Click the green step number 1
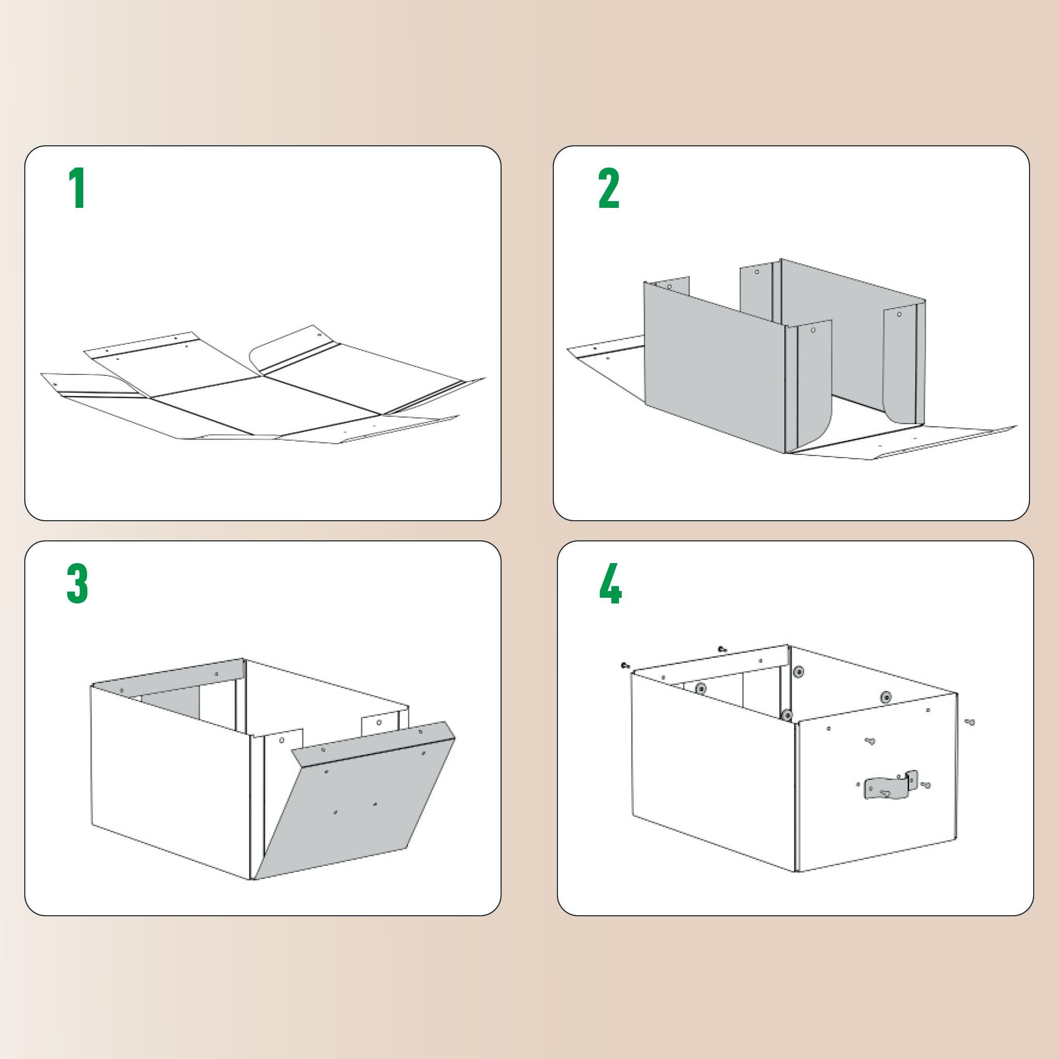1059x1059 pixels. coord(77,189)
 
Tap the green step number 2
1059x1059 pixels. coord(609,189)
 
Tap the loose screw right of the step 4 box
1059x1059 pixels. coord(971,723)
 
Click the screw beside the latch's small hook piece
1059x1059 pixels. coord(926,785)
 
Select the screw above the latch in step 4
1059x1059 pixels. coord(870,741)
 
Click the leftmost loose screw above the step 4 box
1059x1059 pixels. coord(624,665)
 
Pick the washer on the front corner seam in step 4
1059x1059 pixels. coord(787,714)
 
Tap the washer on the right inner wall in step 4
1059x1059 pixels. coord(886,697)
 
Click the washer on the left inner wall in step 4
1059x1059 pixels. coord(700,688)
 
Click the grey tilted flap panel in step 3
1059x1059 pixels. coord(356,806)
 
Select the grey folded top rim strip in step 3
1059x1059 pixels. coord(170,678)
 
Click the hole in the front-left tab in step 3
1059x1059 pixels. coord(282,740)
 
